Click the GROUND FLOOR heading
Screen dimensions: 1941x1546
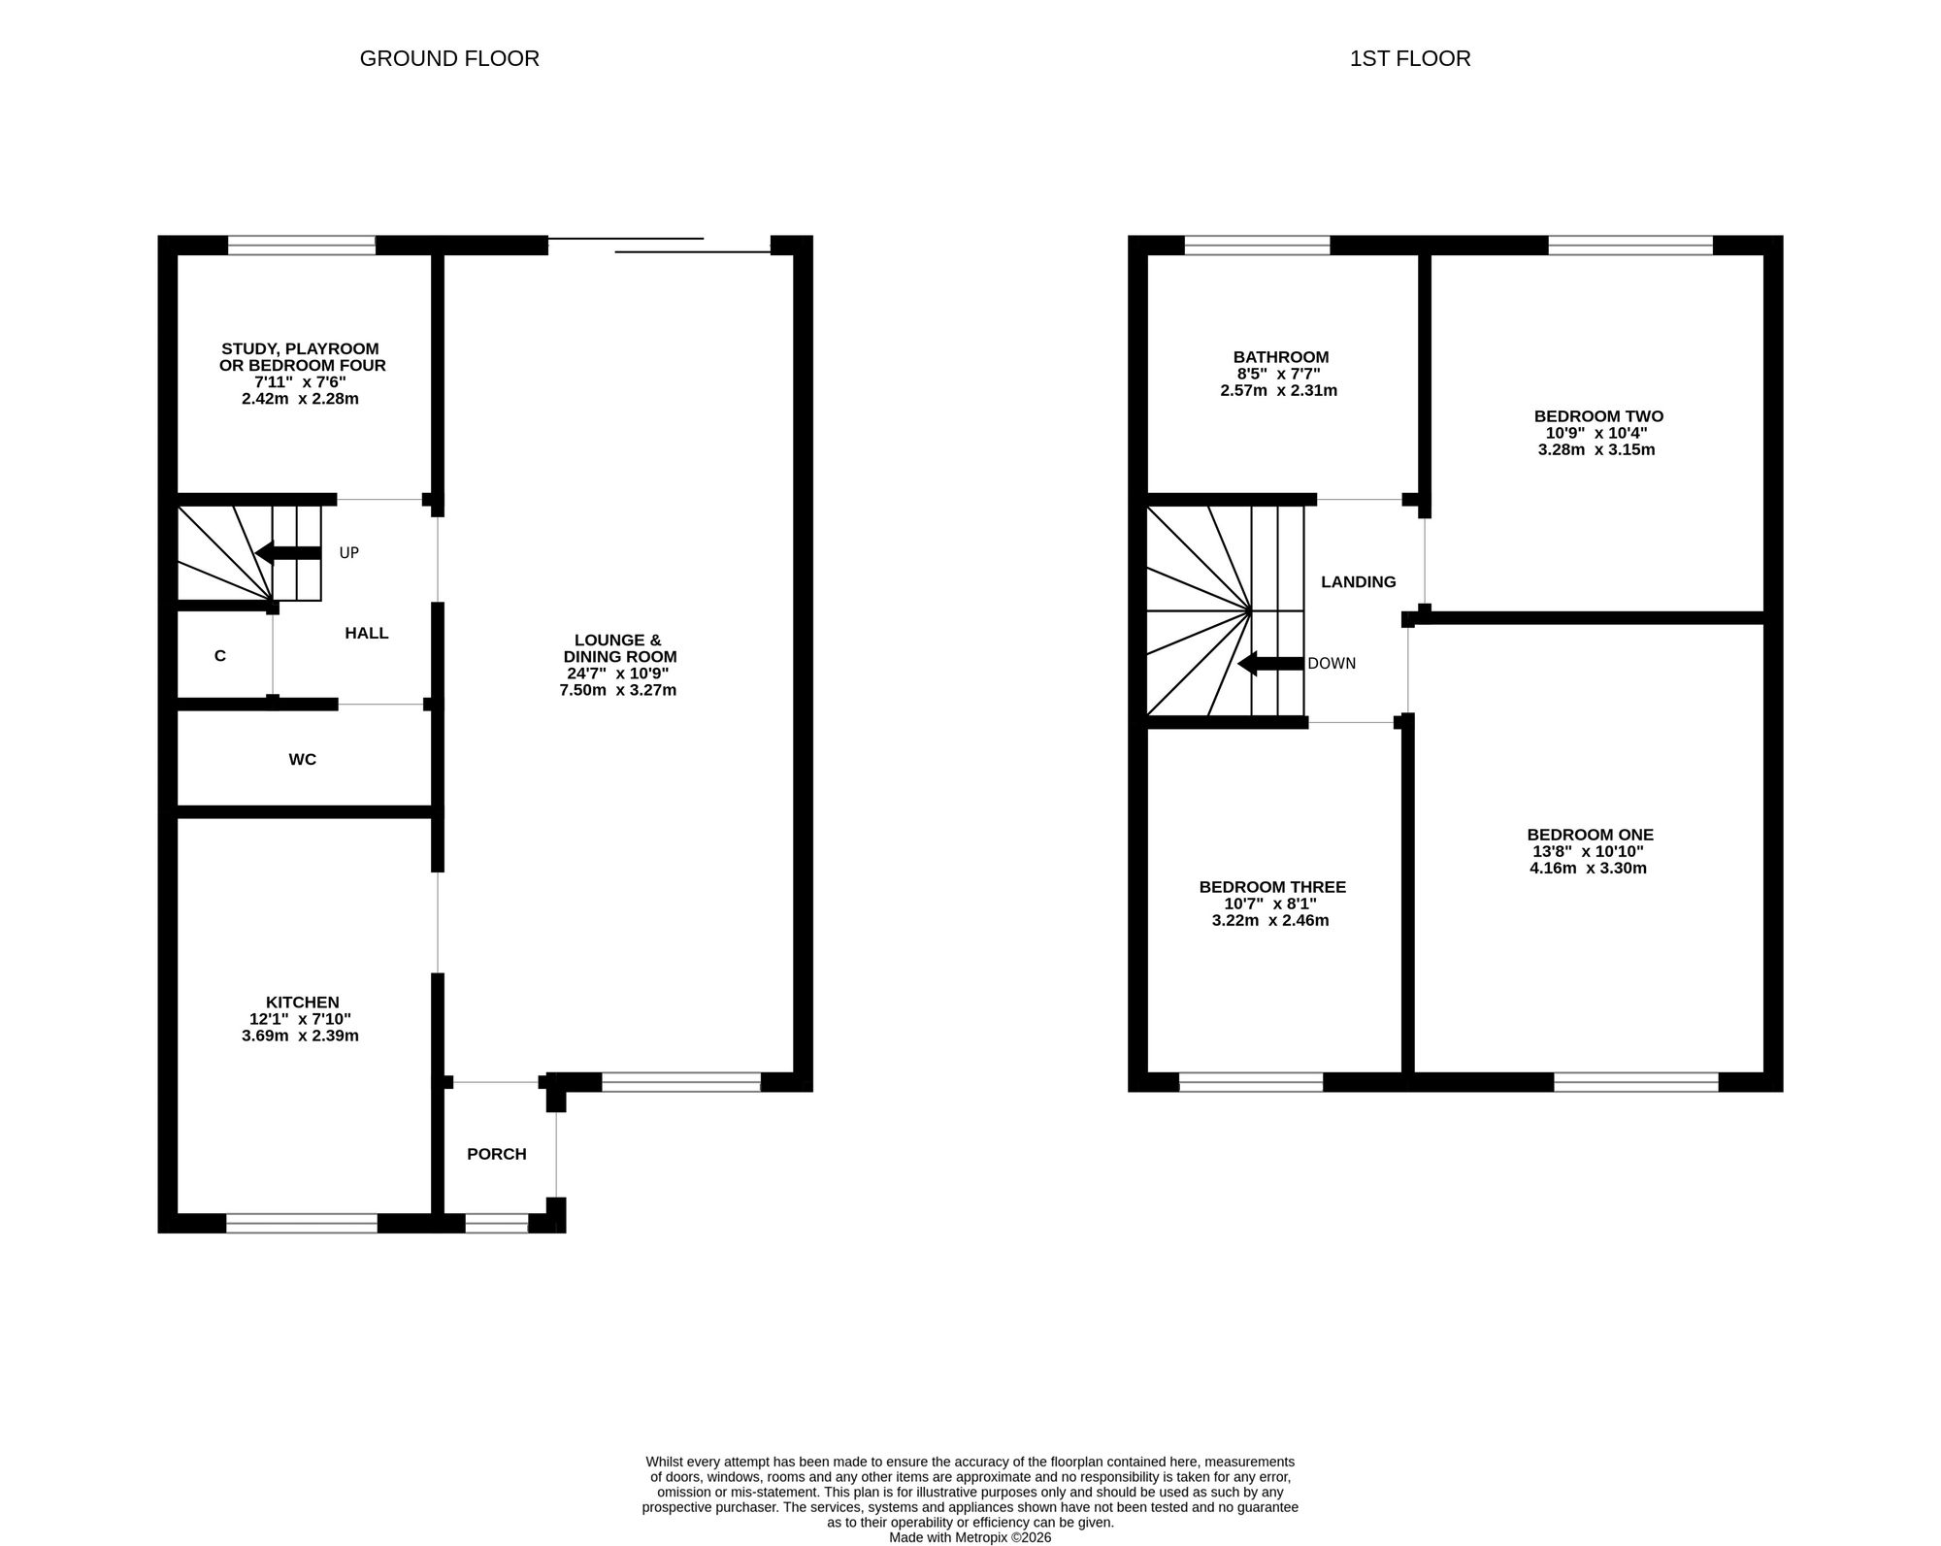449,58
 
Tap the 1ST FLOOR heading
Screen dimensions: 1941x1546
1410,58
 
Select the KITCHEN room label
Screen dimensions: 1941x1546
303,1003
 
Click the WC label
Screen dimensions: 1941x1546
303,760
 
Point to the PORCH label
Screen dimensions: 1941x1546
497,1154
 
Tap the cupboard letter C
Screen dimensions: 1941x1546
220,656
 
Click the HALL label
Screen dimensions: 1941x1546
367,634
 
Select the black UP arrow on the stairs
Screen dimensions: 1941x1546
287,553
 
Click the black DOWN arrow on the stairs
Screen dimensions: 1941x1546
1270,664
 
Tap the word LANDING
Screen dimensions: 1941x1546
1359,582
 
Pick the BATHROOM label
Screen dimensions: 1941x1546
1281,357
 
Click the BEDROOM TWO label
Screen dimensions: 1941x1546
1598,416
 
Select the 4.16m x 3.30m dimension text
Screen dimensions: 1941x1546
1589,868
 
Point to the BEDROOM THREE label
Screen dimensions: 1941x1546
1272,887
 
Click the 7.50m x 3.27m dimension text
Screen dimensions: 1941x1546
617,690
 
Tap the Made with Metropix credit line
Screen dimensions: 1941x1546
970,1537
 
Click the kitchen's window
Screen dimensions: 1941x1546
302,1223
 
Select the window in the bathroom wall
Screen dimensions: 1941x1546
1257,246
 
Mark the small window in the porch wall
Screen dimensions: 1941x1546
496,1223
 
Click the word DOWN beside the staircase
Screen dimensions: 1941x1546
1332,664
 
